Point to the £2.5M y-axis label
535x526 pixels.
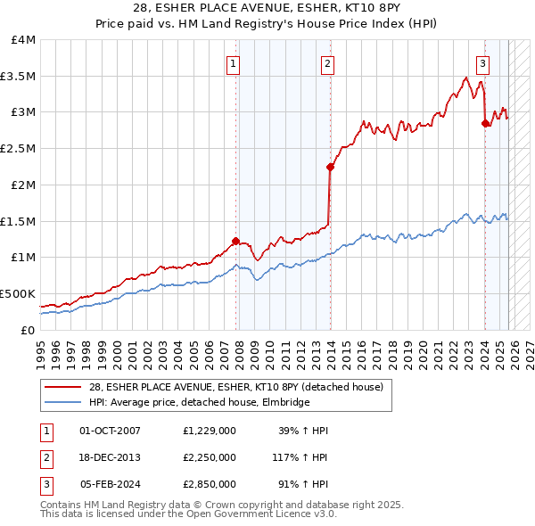tap(18, 148)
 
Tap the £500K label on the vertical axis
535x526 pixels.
tap(18, 293)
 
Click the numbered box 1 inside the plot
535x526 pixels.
tap(233, 63)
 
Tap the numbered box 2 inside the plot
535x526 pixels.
tap(328, 63)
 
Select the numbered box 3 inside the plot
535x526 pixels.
tap(482, 63)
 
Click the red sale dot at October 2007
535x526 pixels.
tap(236, 241)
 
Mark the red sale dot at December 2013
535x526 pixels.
tap(330, 167)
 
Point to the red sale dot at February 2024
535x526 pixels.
tap(485, 124)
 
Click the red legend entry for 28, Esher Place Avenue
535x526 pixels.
tap(235, 387)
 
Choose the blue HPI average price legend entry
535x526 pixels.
tap(199, 403)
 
